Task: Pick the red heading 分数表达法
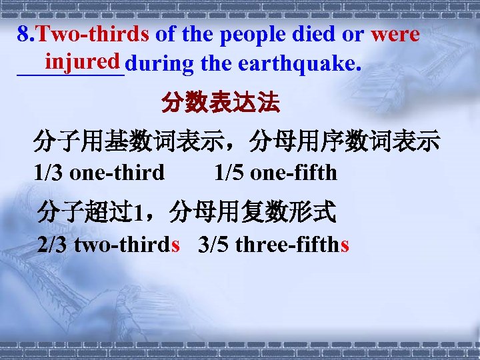[221, 104]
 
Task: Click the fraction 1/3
[49, 173]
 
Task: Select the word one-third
[117, 173]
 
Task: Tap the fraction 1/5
[229, 173]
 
